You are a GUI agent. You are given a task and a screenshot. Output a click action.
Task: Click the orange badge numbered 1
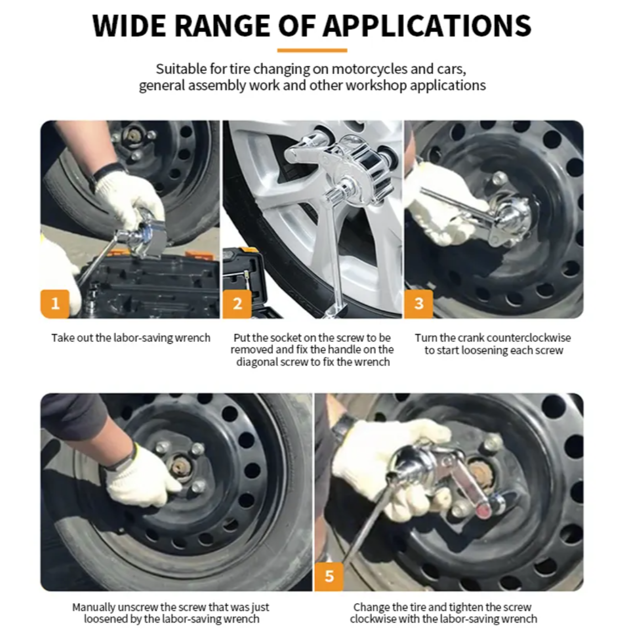point(55,304)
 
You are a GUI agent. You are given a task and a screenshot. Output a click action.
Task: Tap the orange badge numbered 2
point(237,304)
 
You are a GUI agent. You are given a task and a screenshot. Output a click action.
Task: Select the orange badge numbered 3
point(418,304)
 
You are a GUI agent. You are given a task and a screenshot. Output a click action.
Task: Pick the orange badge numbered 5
point(329,576)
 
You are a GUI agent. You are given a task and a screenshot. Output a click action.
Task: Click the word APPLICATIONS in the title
point(427,25)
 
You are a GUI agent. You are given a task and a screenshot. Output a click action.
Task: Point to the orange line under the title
point(312,50)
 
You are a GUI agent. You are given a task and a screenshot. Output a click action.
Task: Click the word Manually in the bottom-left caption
point(95,607)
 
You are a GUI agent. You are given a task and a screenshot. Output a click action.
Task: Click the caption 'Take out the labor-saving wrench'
point(131,338)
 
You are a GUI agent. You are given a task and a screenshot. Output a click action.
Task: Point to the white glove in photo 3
point(437,205)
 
